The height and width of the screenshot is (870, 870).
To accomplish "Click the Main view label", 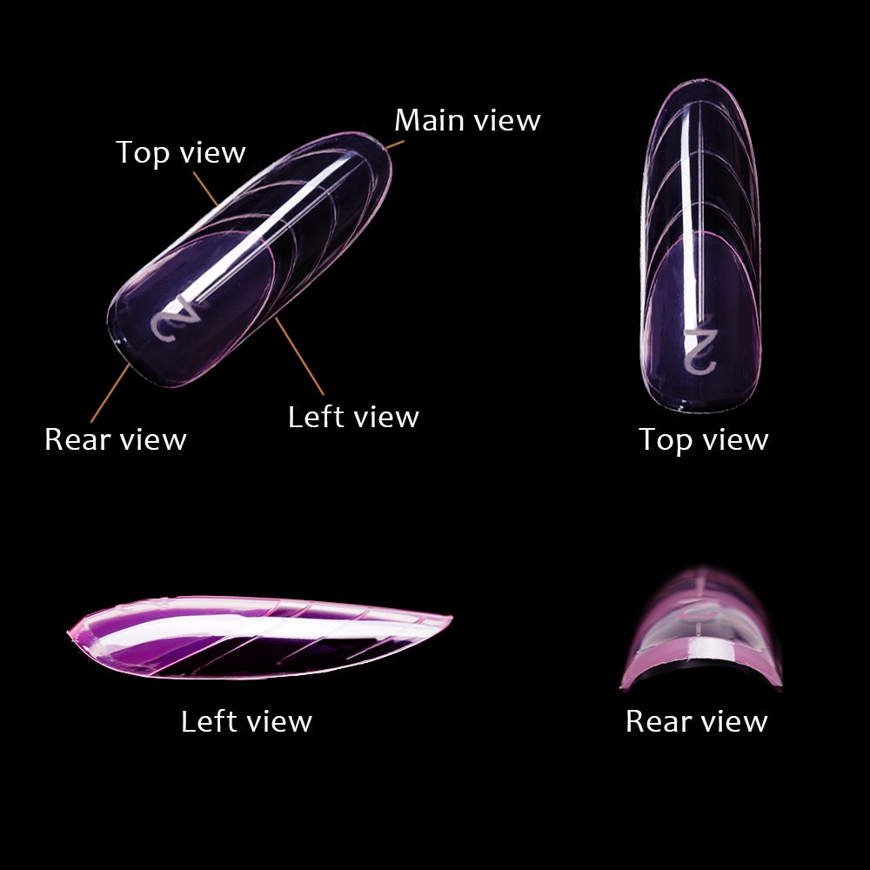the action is pos(467,120).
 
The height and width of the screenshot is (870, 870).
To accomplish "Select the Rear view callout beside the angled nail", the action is pos(116,439).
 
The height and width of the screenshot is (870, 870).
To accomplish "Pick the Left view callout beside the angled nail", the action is pos(353,417).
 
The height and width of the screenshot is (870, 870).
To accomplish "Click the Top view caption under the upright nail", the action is pos(704,440).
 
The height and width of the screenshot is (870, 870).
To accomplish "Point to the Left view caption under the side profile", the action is pos(246,721).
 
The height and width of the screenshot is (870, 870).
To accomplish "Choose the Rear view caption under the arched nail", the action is pos(696,721).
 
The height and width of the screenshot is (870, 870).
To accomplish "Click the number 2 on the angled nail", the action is pos(176,318).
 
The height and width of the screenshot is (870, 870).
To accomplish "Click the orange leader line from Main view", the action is pos(395,144).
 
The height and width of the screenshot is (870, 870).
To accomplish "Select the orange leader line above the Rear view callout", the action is pos(110,393).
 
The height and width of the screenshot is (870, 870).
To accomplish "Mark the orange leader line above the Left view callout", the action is pos(299,356).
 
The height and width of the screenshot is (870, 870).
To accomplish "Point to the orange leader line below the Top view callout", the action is pos(205,189).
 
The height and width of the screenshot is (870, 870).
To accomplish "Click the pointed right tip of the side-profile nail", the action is pos(451,617).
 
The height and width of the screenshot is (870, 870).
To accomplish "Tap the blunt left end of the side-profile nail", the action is pos(70,632).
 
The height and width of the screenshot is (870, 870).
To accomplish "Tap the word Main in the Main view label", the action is pos(430,120).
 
